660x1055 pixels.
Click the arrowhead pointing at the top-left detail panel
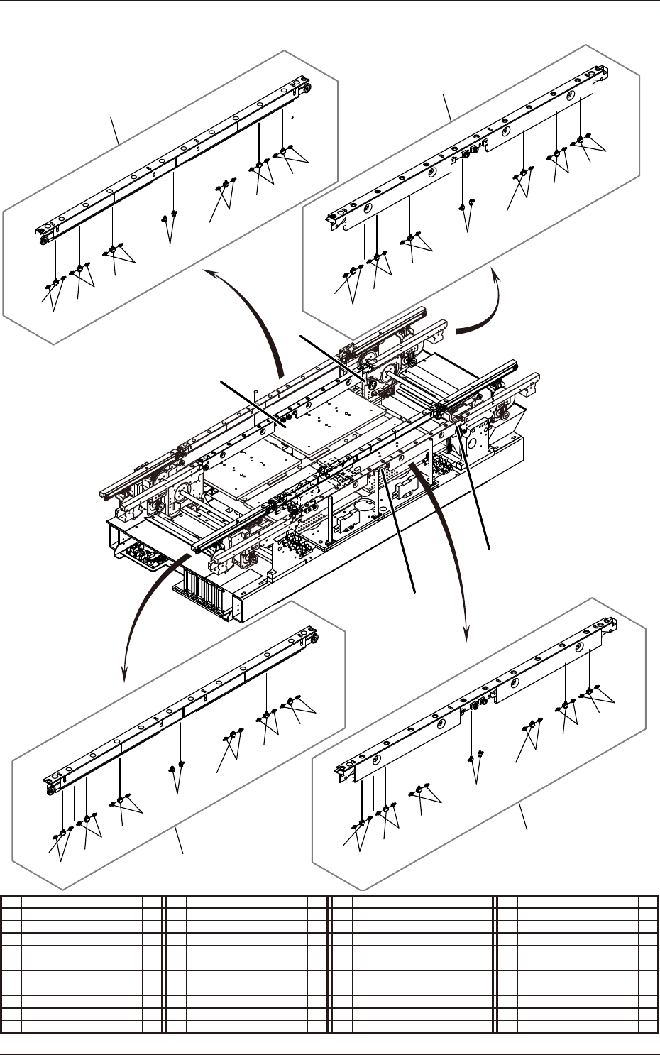[x=207, y=273]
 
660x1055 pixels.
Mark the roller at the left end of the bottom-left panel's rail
[x=51, y=789]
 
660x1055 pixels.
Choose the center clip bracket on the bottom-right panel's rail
[x=477, y=706]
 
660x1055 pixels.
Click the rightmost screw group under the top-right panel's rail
[x=581, y=139]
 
